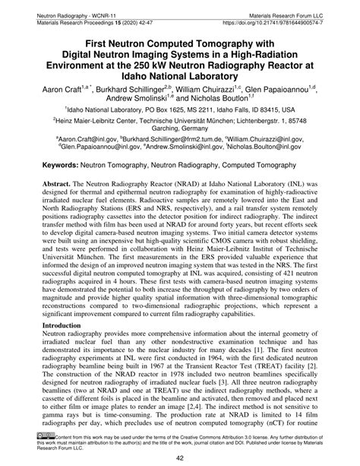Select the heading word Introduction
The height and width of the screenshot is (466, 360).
(x=64, y=324)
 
